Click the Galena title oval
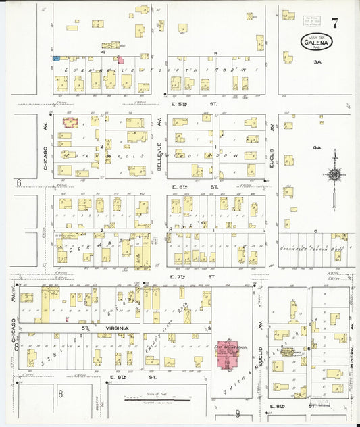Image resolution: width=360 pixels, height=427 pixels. pyautogui.click(x=316, y=42)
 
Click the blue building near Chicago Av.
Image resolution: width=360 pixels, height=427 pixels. pyautogui.click(x=57, y=59)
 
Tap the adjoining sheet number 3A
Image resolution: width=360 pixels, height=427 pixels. pyautogui.click(x=317, y=62)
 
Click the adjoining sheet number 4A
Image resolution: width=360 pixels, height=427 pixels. pyautogui.click(x=315, y=147)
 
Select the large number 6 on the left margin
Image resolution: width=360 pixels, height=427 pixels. pyautogui.click(x=19, y=182)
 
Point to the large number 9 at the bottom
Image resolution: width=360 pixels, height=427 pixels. pyautogui.click(x=237, y=413)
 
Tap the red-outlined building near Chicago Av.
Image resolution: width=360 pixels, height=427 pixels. pyautogui.click(x=71, y=122)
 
